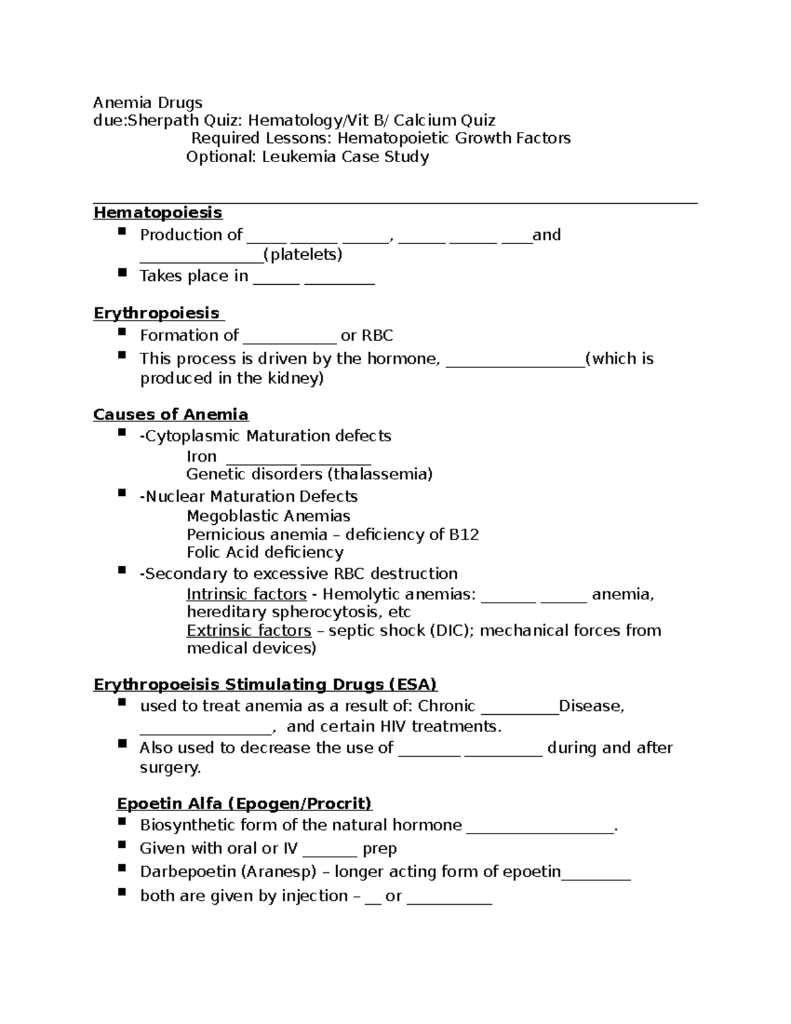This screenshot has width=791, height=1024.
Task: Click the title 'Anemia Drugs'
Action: [148, 103]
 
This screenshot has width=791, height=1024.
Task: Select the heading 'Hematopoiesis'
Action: [158, 212]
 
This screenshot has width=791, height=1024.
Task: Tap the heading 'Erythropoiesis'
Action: [156, 313]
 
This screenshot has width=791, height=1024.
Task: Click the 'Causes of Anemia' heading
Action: [171, 414]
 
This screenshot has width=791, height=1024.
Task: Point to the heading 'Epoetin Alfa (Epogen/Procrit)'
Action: [245, 803]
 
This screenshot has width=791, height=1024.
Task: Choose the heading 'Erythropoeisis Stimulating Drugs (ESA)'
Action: [265, 684]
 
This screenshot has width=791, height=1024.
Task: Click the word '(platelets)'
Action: [303, 255]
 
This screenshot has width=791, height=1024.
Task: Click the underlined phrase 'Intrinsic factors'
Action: [247, 594]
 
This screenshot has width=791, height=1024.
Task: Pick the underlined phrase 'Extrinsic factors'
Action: [249, 630]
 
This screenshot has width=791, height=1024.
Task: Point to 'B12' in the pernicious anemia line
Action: [463, 534]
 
